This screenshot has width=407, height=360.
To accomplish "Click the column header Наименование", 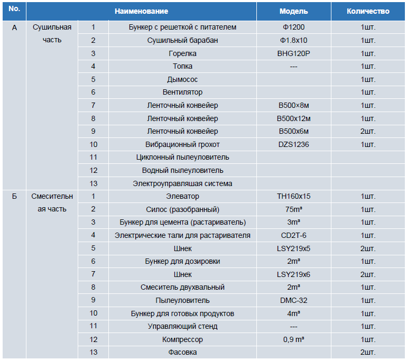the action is click(142, 11).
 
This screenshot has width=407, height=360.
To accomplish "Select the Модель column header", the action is click(293, 11).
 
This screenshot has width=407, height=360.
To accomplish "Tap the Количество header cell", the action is click(368, 11).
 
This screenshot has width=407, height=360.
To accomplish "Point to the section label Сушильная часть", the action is click(52, 33).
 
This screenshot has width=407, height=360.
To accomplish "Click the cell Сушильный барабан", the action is click(182, 41).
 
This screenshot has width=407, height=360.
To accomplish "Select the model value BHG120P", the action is click(293, 53).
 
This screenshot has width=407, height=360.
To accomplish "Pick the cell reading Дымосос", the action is click(182, 79).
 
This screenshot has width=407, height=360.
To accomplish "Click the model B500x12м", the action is click(293, 118).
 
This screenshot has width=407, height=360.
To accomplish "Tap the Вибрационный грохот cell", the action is click(182, 144).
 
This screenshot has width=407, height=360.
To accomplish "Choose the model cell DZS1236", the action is click(293, 144).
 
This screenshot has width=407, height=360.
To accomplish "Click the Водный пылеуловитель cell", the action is click(182, 171).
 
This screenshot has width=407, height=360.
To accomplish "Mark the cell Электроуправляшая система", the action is click(182, 184).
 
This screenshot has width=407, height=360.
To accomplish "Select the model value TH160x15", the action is click(293, 196).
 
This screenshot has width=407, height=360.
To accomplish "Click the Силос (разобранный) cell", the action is click(182, 209).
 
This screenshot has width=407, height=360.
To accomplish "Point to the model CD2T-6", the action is click(293, 235).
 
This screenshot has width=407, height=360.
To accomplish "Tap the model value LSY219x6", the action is click(293, 274).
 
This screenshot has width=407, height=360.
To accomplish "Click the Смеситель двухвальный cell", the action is click(182, 288).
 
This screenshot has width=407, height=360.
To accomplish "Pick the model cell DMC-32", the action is click(293, 300).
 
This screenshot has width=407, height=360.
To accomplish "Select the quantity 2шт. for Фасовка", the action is click(368, 352).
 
